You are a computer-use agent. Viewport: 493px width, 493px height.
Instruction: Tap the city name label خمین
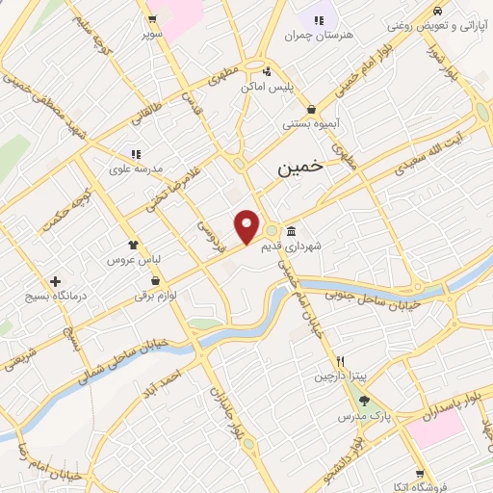click(x=300, y=167)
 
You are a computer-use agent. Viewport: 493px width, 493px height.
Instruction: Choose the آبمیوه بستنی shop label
click(x=307, y=123)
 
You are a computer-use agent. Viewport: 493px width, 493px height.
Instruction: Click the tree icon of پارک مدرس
click(x=363, y=401)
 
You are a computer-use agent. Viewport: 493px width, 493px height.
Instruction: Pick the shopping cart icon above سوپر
click(x=151, y=18)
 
